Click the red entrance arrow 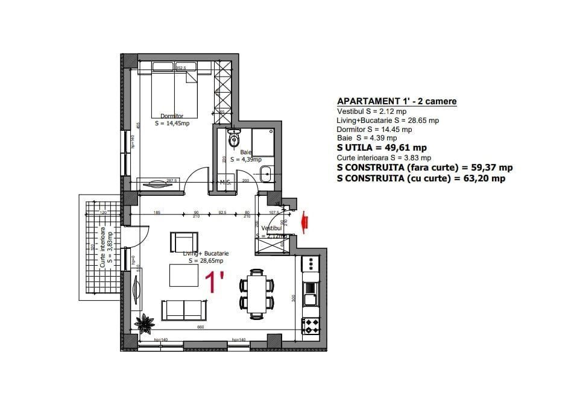click(306, 220)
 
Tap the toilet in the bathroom click(234, 140)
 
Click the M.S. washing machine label click(226, 182)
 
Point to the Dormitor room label click(172, 116)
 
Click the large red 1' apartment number click(214, 282)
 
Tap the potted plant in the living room click(145, 325)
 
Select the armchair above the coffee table click(183, 242)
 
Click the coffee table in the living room click(184, 276)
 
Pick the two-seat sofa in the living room click(184, 310)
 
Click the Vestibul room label click(271, 228)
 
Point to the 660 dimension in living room click(201, 327)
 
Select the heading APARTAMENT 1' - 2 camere click(396, 101)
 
